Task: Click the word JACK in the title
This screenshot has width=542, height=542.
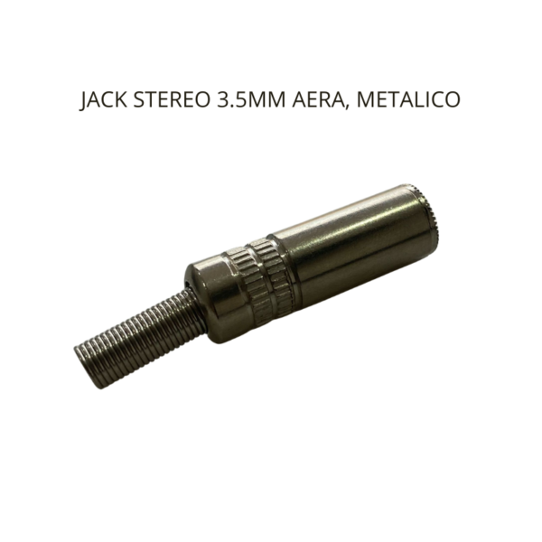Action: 102,100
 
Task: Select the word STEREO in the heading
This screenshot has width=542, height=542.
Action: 166,100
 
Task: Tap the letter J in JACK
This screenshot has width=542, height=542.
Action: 83,101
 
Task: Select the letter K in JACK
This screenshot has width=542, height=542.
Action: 120,100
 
